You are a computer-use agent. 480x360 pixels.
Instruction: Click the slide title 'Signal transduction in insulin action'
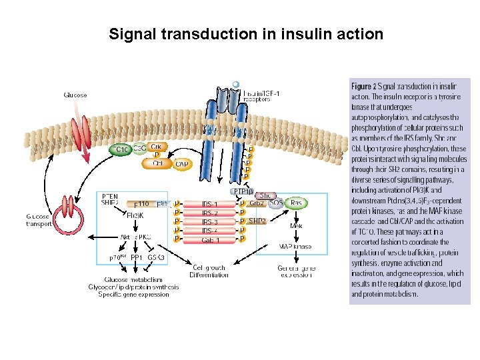click(246, 33)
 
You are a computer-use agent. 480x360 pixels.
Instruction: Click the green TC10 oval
click(121, 150)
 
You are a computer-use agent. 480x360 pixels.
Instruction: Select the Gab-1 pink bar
click(210, 239)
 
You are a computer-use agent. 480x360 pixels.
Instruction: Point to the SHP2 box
click(257, 221)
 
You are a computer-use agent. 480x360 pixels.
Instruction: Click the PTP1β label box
click(242, 191)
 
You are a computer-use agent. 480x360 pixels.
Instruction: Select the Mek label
click(296, 226)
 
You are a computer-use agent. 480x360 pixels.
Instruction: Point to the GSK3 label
click(157, 257)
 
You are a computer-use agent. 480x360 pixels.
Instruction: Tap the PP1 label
click(137, 257)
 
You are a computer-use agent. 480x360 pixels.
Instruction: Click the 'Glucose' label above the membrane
click(75, 95)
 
